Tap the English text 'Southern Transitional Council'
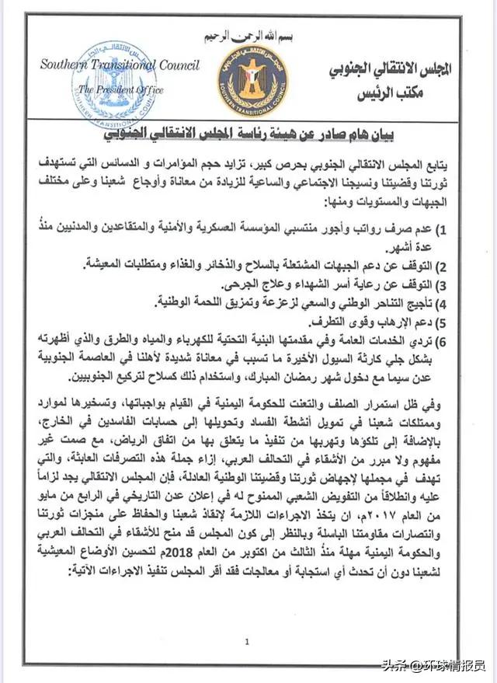pyautogui.click(x=120, y=65)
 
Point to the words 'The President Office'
pyautogui.click(x=124, y=90)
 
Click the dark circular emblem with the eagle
pyautogui.click(x=252, y=80)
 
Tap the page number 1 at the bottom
pyautogui.click(x=246, y=642)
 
